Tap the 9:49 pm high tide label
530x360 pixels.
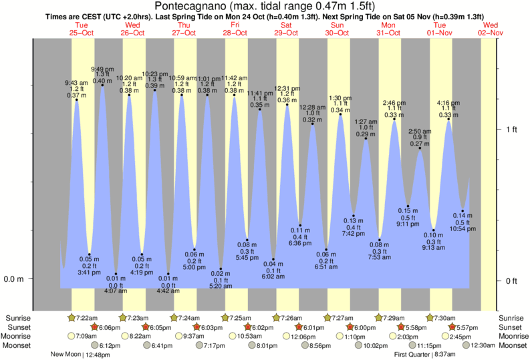102,69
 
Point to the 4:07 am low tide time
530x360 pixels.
116,291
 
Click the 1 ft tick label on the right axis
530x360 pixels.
511,129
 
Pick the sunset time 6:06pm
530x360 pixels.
109,327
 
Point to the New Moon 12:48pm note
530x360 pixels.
80,355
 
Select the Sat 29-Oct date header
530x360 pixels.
285,29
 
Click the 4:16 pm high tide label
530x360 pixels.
448,103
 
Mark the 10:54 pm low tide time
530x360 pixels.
462,228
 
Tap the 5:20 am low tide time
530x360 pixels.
221,286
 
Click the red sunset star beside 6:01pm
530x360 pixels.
298,327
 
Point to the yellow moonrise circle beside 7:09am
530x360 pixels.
72,337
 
